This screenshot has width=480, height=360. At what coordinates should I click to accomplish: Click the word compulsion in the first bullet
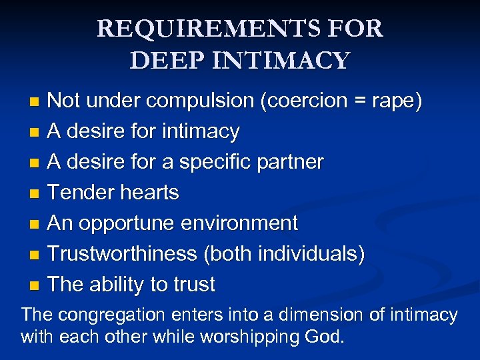201,101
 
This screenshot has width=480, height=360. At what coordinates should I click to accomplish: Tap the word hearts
149,193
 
